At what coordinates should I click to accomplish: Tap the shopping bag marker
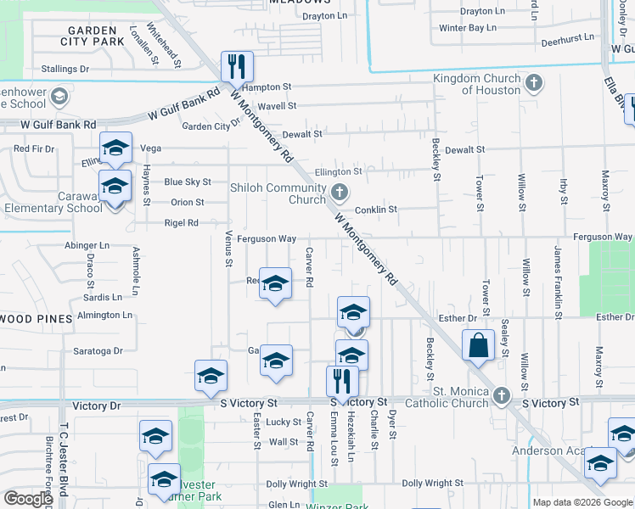[x=478, y=345]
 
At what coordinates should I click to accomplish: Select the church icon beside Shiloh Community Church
[x=340, y=191]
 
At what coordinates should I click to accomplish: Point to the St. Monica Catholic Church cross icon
[x=502, y=395]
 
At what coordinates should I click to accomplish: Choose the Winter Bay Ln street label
[x=468, y=28]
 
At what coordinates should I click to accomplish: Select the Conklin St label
[x=376, y=210]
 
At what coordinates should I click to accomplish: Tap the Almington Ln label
[x=104, y=315]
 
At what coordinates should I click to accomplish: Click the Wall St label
[x=283, y=442]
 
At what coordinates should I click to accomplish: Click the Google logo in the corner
[x=28, y=499]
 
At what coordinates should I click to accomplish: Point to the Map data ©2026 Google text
[x=582, y=502]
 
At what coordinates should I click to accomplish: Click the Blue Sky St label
[x=188, y=182]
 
